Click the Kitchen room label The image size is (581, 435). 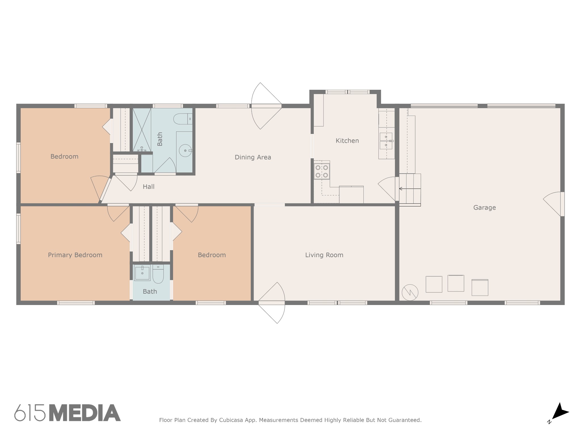[347, 141]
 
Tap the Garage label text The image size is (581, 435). [484, 208]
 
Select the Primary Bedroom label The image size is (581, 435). [75, 255]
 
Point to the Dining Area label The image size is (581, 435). [252, 157]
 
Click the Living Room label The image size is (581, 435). [324, 255]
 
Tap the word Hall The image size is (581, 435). [148, 187]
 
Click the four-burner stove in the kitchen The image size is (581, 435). [322, 171]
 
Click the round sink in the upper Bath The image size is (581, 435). [186, 150]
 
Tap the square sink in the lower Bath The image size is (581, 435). [142, 273]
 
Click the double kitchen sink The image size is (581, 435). [386, 141]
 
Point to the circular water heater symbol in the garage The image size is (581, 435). [410, 292]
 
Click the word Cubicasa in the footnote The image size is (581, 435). [230, 420]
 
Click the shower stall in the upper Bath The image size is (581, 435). [142, 129]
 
